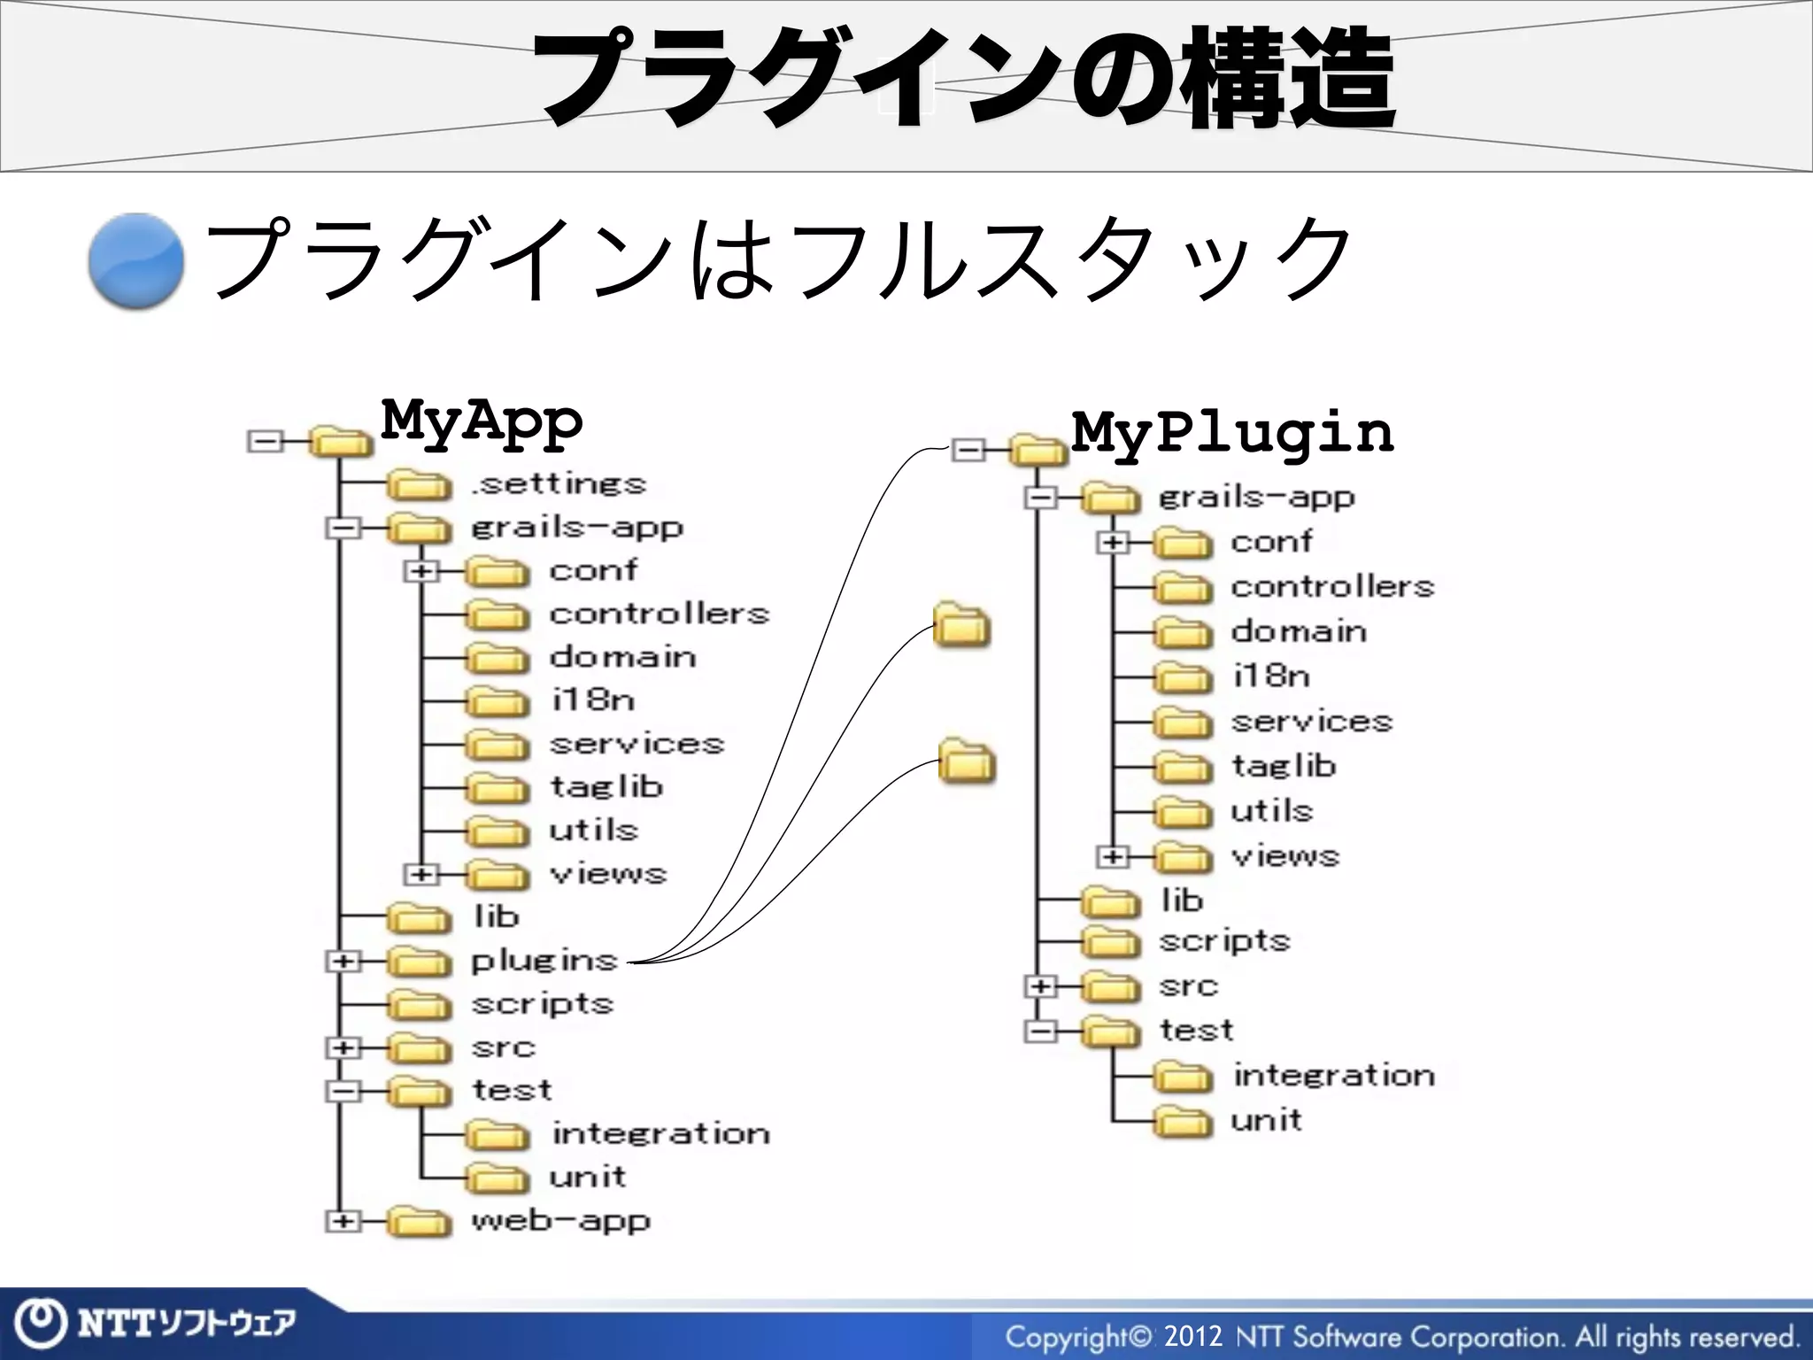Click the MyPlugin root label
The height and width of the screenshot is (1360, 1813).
point(1231,433)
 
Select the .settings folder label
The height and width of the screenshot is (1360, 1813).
point(559,483)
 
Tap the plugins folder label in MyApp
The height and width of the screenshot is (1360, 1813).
point(544,960)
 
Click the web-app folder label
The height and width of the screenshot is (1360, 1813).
point(560,1221)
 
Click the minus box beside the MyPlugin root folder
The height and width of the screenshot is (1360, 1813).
point(968,451)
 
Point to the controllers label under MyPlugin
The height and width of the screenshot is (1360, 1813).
point(1331,586)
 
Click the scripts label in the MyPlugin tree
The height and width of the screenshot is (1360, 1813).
point(1224,940)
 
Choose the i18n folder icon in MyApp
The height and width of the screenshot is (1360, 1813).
point(497,701)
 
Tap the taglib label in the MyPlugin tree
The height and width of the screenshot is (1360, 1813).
point(1284,766)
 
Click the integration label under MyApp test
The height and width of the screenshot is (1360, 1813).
point(660,1133)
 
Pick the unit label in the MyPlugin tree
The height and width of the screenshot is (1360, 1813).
point(1266,1121)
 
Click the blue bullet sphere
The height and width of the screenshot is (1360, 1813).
point(135,261)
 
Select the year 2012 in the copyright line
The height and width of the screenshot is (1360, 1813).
point(1192,1336)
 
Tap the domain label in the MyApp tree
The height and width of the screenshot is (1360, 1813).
point(622,657)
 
